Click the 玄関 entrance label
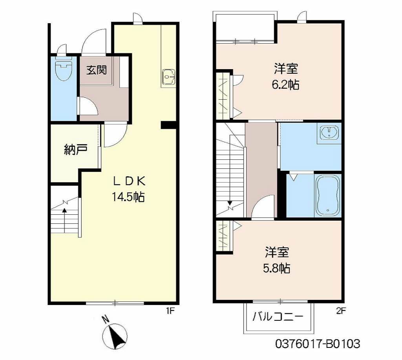pyautogui.click(x=97, y=70)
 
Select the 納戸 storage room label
pyautogui.click(x=76, y=150)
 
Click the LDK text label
pyautogui.click(x=130, y=181)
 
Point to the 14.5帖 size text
pyautogui.click(x=128, y=197)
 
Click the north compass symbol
pyautogui.click(x=115, y=336)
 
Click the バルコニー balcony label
pyautogui.click(x=278, y=317)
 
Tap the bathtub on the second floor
pyautogui.click(x=328, y=196)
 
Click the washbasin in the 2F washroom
pyautogui.click(x=329, y=133)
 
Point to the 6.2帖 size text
pyautogui.click(x=286, y=85)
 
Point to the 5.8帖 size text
pyautogui.click(x=277, y=268)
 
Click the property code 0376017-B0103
pyautogui.click(x=317, y=344)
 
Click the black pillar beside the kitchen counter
pyautogui.click(x=168, y=124)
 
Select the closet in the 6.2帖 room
pyautogui.click(x=223, y=96)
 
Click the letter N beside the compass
pyautogui.click(x=105, y=320)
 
